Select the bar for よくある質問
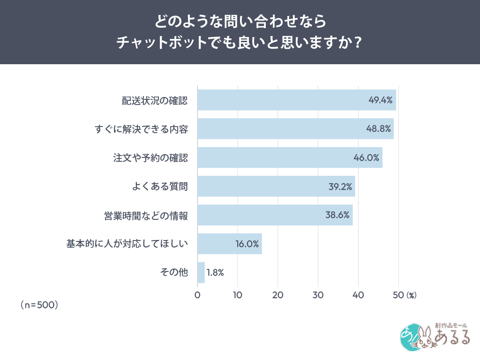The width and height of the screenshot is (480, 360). (x=276, y=186)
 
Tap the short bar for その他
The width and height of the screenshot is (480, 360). (x=201, y=272)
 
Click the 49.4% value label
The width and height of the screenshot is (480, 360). (x=380, y=100)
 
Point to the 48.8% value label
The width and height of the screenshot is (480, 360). (x=378, y=129)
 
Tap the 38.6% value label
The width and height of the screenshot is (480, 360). (x=337, y=215)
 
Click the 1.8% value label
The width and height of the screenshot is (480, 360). (x=215, y=272)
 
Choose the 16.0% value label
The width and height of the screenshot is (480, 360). (x=247, y=244)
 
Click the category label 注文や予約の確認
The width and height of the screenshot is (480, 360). (x=150, y=157)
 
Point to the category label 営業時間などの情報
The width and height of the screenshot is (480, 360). (x=146, y=215)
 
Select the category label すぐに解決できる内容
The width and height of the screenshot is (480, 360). (x=141, y=129)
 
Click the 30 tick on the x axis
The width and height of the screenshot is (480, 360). (x=318, y=295)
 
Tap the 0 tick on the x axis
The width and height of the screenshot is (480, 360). (x=197, y=295)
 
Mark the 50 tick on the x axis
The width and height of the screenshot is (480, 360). (x=398, y=295)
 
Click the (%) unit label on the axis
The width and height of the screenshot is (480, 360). (x=411, y=295)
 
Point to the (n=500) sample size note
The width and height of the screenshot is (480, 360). (x=39, y=305)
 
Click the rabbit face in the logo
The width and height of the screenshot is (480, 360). (x=425, y=338)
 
